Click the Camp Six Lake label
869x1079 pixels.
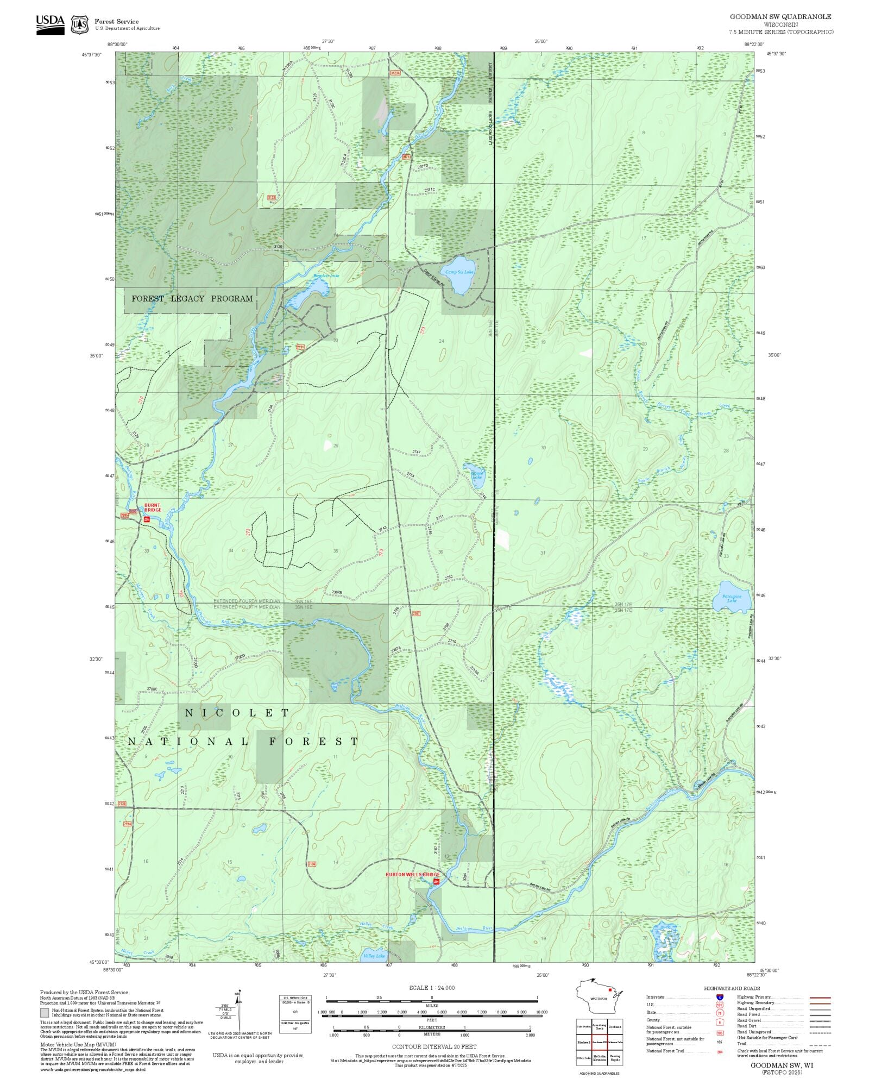[459, 272]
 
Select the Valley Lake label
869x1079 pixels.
[374, 956]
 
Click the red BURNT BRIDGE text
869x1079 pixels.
[153, 507]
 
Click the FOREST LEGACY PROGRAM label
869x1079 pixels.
[192, 299]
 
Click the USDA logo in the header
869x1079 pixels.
[50, 24]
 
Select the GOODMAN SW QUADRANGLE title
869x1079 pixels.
[780, 17]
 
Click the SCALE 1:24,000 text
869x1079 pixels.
[432, 988]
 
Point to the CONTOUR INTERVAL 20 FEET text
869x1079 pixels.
[434, 1046]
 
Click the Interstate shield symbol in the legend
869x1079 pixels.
[720, 998]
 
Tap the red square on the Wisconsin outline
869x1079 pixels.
[610, 990]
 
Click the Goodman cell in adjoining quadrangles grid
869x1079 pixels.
[615, 1027]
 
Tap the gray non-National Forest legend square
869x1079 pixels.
[45, 1013]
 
